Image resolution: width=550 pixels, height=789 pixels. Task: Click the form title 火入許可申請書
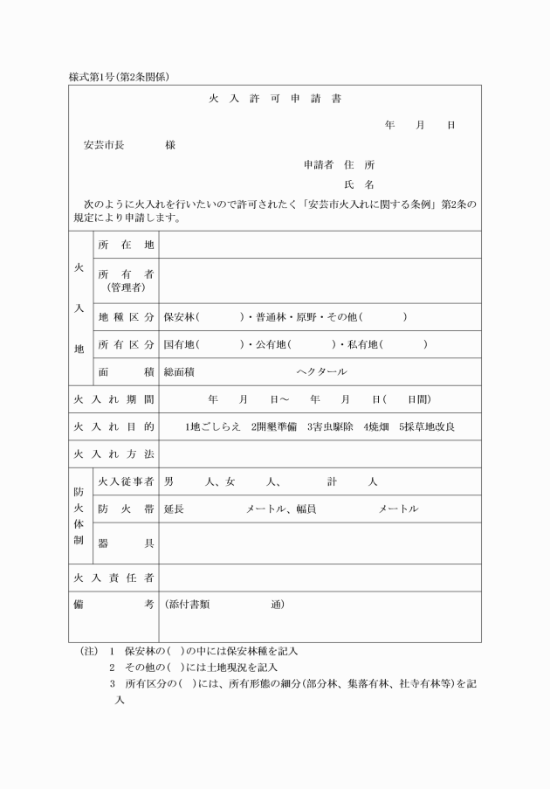(275, 99)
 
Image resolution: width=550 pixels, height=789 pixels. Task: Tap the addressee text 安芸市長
(103, 145)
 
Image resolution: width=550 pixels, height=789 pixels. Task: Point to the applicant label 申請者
(319, 164)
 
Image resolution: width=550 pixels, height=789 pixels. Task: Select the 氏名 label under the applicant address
(359, 184)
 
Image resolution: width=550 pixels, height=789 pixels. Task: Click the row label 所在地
(126, 245)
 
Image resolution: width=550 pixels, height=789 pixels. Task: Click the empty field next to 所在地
(319, 245)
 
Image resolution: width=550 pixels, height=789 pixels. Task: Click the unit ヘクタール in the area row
(321, 371)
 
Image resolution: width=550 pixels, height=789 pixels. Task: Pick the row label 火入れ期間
(113, 399)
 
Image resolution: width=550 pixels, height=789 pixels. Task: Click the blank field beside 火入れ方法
(319, 454)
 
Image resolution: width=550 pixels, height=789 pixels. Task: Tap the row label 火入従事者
(126, 481)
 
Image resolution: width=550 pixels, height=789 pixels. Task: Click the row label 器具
(126, 543)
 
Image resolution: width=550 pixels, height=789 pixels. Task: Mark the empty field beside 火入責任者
(319, 578)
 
